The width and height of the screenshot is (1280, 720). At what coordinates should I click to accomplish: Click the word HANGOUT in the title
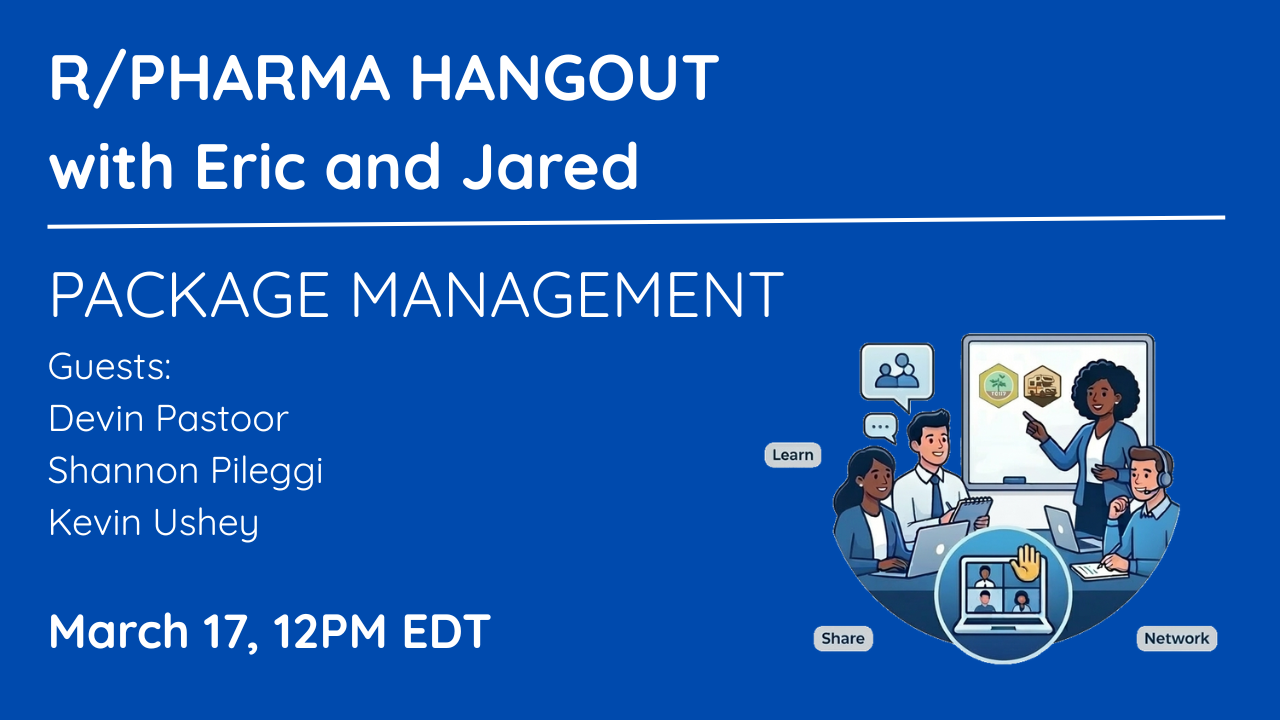[564, 77]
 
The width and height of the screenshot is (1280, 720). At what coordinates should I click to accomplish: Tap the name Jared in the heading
[550, 166]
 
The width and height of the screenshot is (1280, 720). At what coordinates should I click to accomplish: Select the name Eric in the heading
[250, 166]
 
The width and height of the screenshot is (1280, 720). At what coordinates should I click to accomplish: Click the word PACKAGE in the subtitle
[189, 294]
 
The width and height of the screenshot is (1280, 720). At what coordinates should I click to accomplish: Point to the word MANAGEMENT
[566, 294]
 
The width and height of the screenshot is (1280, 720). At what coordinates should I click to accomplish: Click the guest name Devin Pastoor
[169, 418]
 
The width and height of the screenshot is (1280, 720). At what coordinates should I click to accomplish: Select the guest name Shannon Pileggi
[185, 471]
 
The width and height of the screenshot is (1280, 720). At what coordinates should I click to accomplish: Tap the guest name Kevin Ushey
[154, 523]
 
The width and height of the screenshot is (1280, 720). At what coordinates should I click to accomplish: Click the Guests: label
[110, 366]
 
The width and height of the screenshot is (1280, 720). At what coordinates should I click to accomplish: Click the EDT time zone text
[446, 631]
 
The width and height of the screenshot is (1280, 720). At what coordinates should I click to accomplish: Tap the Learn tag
[793, 455]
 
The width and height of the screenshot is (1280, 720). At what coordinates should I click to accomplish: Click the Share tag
[843, 638]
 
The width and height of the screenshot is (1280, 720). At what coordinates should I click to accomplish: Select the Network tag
[1177, 638]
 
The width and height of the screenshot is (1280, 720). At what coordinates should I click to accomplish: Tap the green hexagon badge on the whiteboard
[998, 385]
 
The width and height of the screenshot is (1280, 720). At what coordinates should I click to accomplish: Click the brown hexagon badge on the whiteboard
[1042, 386]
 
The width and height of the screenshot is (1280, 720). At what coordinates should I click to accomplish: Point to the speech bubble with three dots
[881, 427]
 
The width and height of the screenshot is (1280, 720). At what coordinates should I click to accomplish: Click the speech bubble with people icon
[897, 374]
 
